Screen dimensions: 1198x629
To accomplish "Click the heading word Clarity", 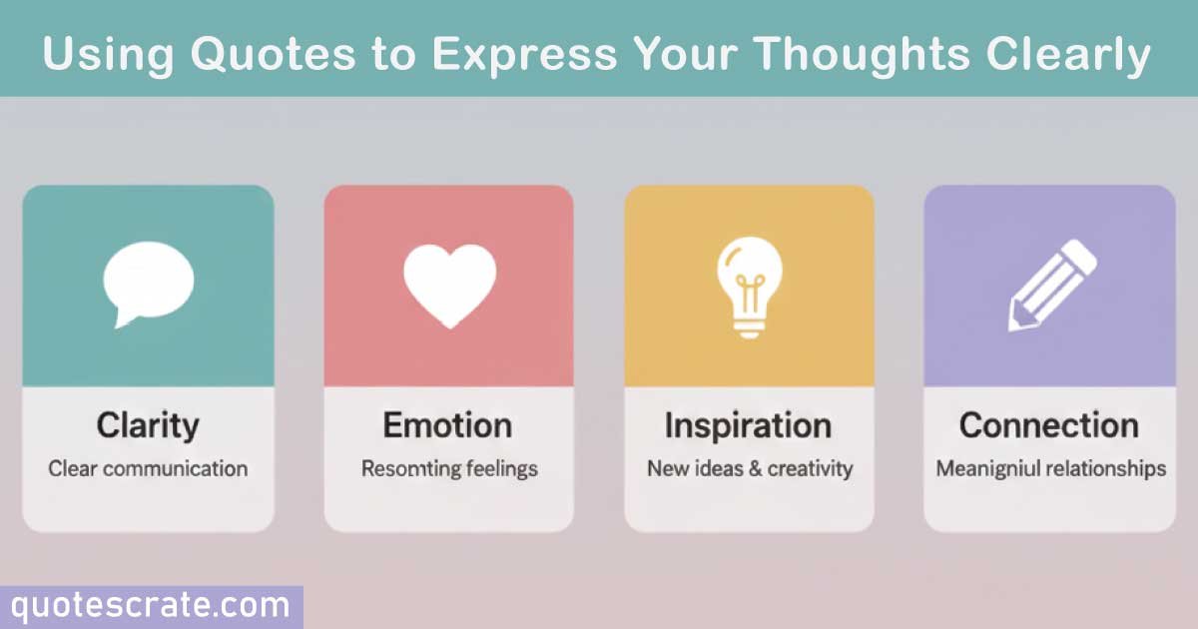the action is point(148,426).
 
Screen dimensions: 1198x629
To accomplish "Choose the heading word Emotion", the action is point(448,426).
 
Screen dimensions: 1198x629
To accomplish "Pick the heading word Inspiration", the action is point(748,426).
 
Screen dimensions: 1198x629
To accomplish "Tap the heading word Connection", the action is point(1049,426).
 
